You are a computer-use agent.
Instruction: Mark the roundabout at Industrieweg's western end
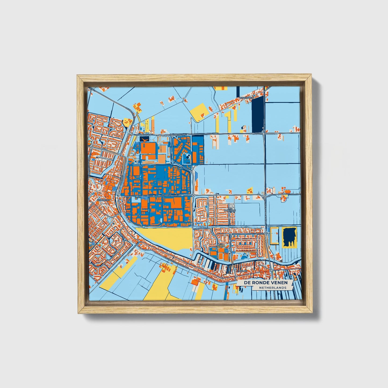[x=118, y=196]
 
